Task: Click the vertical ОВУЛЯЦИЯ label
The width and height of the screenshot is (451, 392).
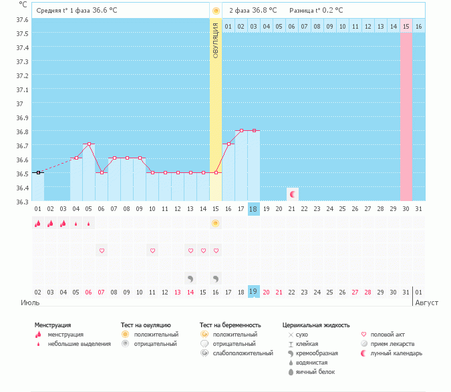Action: click(x=215, y=40)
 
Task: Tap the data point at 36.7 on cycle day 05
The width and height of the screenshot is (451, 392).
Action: click(x=88, y=144)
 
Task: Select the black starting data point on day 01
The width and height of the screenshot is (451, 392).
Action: click(x=38, y=172)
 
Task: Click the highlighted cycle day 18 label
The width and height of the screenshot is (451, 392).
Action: click(x=253, y=209)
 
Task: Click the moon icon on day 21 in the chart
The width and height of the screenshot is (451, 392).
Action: click(x=292, y=194)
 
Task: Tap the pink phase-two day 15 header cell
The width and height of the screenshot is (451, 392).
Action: click(x=406, y=26)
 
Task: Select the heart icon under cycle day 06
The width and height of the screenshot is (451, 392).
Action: click(x=102, y=250)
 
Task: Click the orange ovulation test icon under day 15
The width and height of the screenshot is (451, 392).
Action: click(x=215, y=224)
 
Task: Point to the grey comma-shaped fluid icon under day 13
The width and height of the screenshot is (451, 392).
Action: click(x=190, y=278)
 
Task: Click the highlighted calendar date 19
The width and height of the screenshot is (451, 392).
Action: click(x=253, y=292)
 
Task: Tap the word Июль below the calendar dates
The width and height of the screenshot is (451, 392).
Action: click(x=28, y=303)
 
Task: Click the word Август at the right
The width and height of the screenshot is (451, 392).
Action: click(x=428, y=303)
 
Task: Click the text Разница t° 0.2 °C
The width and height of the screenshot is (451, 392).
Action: click(x=316, y=11)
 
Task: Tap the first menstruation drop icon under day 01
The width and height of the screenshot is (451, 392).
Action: click(x=37, y=224)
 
